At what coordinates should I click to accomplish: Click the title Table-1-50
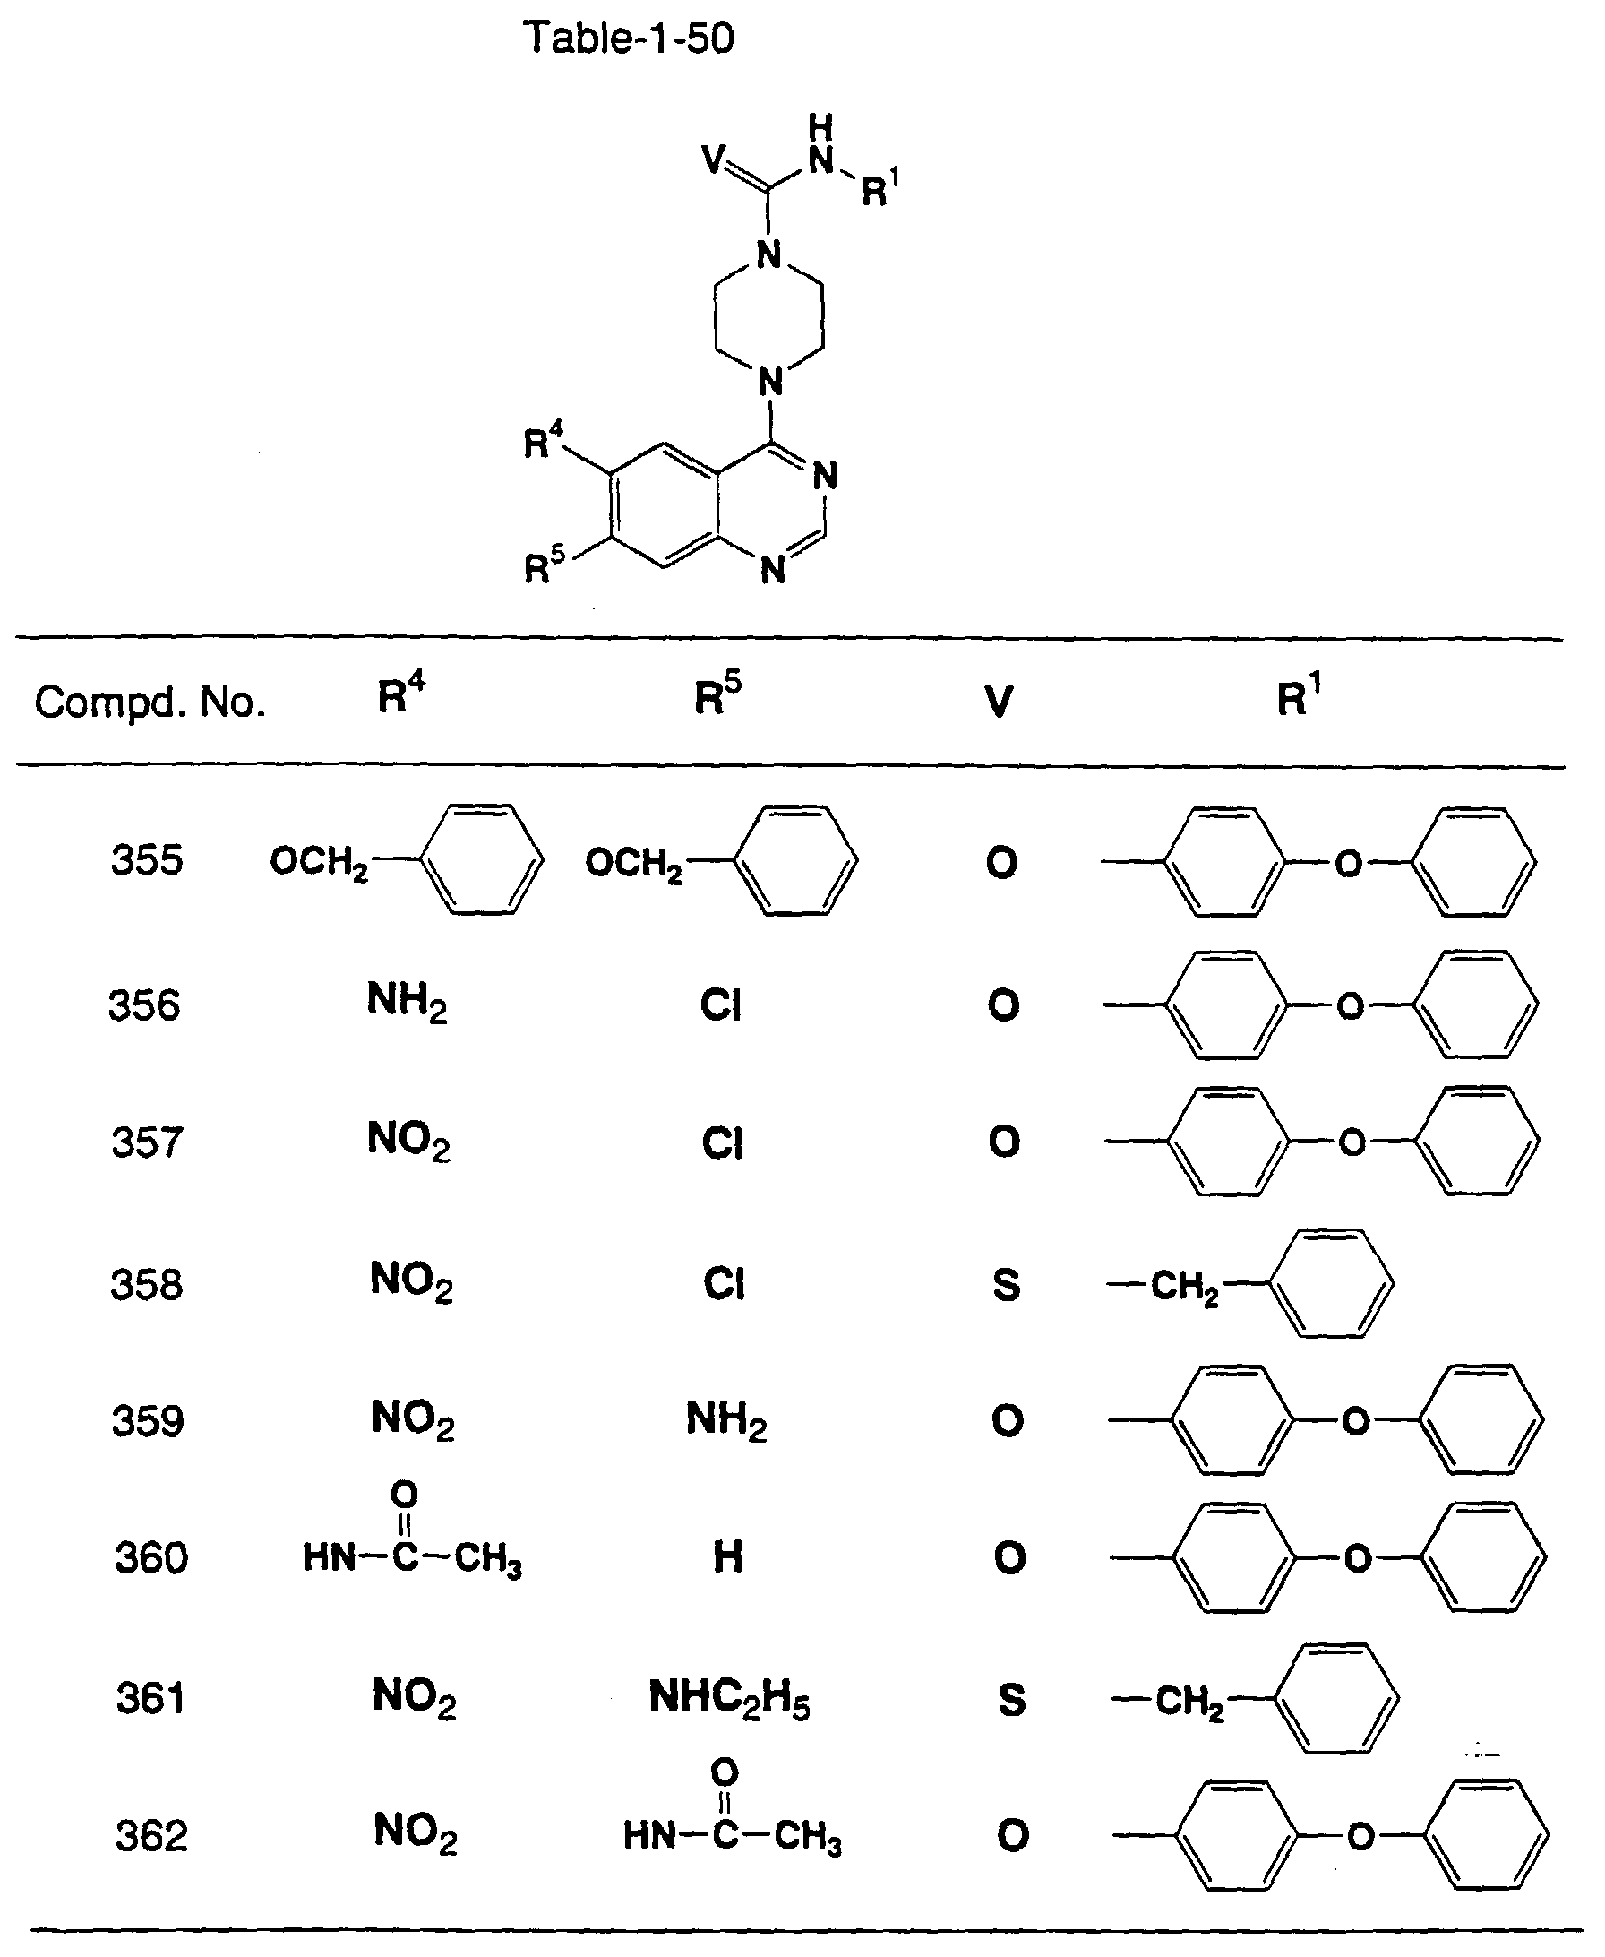(x=629, y=38)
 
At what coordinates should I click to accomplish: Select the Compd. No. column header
(x=150, y=703)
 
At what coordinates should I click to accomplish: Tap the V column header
(x=1000, y=702)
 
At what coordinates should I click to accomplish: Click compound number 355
(x=147, y=861)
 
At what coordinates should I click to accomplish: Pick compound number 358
(x=147, y=1285)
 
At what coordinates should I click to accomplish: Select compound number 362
(x=151, y=1836)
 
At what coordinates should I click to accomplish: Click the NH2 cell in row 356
(x=407, y=1002)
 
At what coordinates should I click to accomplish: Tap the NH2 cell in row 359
(x=726, y=1420)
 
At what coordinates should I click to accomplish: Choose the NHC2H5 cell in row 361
(x=729, y=1699)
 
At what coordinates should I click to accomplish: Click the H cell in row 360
(x=727, y=1557)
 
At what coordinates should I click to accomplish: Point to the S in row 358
(x=1006, y=1285)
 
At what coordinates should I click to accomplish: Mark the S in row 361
(x=1011, y=1700)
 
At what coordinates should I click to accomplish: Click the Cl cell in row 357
(x=722, y=1143)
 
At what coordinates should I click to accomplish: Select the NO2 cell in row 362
(x=415, y=1833)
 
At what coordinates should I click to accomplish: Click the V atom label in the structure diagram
(x=714, y=159)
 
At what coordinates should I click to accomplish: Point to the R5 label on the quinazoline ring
(x=544, y=565)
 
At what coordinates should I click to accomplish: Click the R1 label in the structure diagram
(x=880, y=188)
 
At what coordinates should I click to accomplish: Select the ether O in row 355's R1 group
(x=1349, y=864)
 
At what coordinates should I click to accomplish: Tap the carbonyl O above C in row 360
(x=405, y=1494)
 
